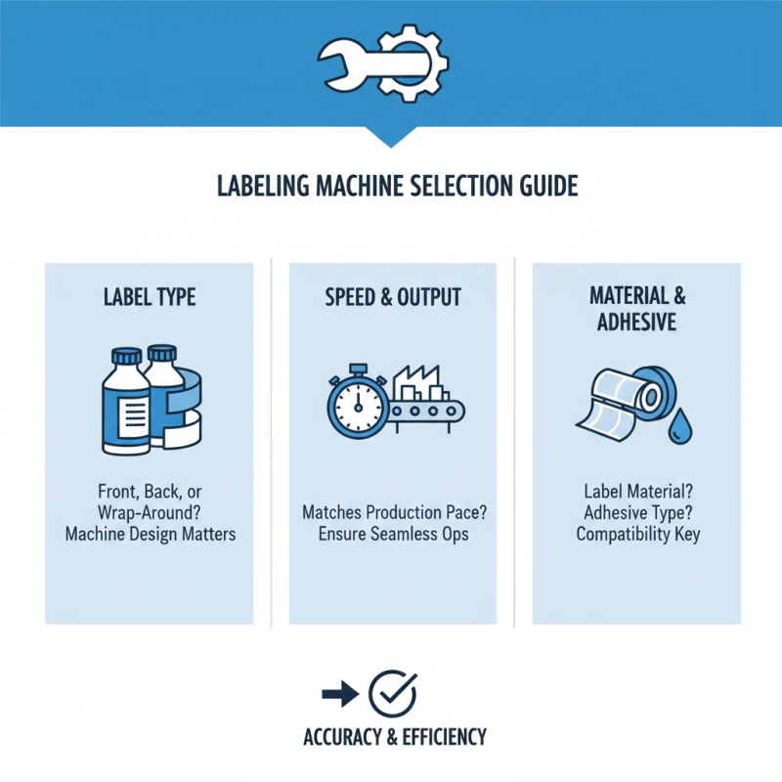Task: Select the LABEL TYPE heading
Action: tap(150, 297)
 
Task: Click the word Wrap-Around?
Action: tap(150, 514)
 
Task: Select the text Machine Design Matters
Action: tap(150, 534)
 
